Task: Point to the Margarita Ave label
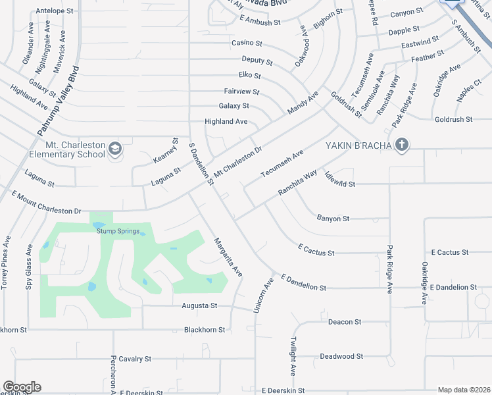tap(228, 257)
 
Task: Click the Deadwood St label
tap(341, 356)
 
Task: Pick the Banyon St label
tap(333, 218)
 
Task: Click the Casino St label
tap(247, 43)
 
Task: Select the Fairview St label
tap(241, 92)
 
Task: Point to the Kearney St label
tap(175, 152)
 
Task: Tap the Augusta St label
tap(200, 306)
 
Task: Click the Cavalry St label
tap(135, 359)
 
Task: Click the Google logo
tap(22, 387)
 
